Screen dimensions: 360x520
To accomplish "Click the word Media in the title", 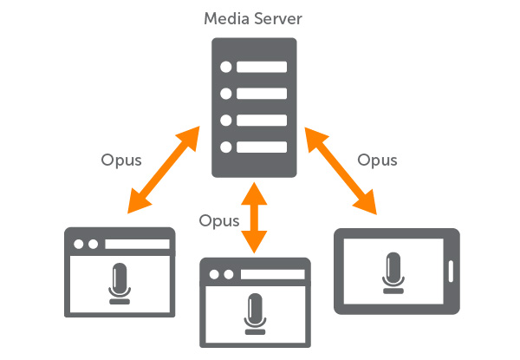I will pyautogui.click(x=221, y=17).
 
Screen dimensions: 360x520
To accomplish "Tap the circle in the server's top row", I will pyautogui.click(x=226, y=67).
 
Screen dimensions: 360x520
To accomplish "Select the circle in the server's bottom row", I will pyautogui.click(x=226, y=147).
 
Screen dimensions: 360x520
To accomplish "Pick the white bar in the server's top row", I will pyautogui.click(x=262, y=67).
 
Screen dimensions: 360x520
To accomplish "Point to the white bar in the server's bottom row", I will pyautogui.click(x=262, y=147).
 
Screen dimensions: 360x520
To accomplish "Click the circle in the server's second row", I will pyautogui.click(x=226, y=94).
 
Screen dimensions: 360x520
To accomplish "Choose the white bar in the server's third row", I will pyautogui.click(x=262, y=121).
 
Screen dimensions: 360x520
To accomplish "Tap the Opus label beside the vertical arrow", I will pyautogui.click(x=218, y=220).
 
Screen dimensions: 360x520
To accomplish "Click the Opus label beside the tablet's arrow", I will pyautogui.click(x=378, y=160).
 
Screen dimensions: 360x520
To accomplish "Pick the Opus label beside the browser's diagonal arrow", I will pyautogui.click(x=120, y=160).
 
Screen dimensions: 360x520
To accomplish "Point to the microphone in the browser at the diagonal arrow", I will pyautogui.click(x=120, y=282).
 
